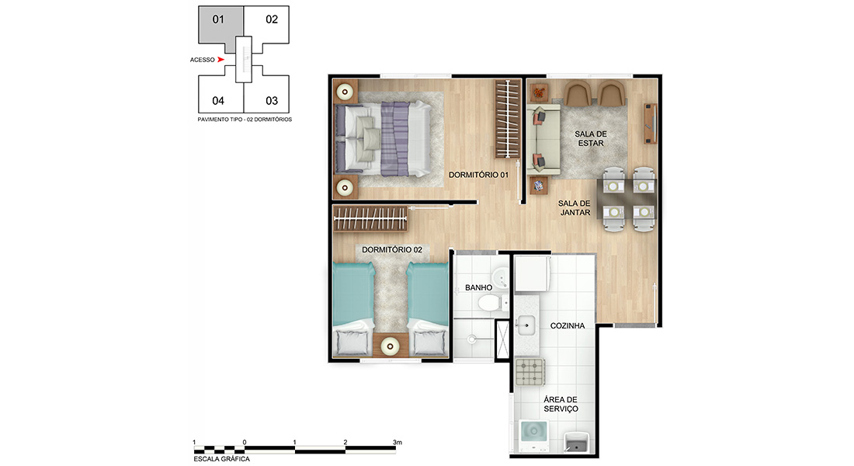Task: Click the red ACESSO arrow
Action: pyautogui.click(x=220, y=59)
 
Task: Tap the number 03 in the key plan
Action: pyautogui.click(x=272, y=101)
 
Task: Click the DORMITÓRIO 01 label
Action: pyautogui.click(x=478, y=175)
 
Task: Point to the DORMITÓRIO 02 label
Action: pyautogui.click(x=392, y=249)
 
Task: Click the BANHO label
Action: pyautogui.click(x=479, y=288)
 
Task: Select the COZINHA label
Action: pyautogui.click(x=568, y=326)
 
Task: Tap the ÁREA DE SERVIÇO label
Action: pyautogui.click(x=561, y=404)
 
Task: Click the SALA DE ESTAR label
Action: pyautogui.click(x=591, y=138)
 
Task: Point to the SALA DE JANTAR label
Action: pyautogui.click(x=575, y=207)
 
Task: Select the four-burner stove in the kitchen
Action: pyautogui.click(x=529, y=371)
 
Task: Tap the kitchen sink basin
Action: pyautogui.click(x=526, y=325)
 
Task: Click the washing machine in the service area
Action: pyautogui.click(x=534, y=435)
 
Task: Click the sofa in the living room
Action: pyautogui.click(x=543, y=139)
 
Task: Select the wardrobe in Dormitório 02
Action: pyautogui.click(x=370, y=219)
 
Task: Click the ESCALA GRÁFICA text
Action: pyautogui.click(x=222, y=459)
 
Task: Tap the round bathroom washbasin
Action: pyautogui.click(x=500, y=278)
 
